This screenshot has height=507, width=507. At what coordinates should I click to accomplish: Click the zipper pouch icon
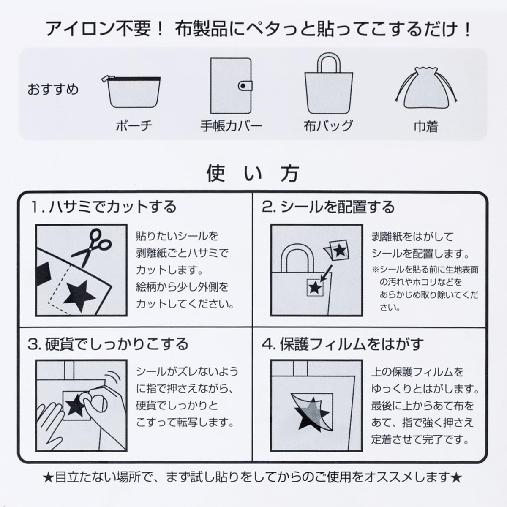tap(131, 92)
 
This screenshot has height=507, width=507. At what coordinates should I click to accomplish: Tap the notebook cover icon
tap(231, 85)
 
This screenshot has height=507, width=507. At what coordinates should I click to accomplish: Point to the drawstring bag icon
tap(426, 88)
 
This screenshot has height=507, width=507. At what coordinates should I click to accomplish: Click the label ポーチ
tap(134, 126)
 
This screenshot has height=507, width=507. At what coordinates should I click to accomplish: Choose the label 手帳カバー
tap(231, 126)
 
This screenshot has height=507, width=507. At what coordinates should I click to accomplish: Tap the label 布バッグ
tap(328, 126)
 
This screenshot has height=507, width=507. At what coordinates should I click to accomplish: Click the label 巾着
tap(426, 126)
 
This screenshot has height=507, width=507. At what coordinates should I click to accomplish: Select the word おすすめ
tap(53, 89)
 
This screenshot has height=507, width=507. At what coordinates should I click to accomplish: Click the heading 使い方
tap(253, 173)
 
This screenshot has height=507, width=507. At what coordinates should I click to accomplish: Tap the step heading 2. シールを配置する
tap(328, 207)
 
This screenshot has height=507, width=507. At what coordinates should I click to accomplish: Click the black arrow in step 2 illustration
tap(326, 273)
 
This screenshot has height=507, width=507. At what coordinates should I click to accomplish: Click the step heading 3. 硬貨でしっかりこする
tap(108, 344)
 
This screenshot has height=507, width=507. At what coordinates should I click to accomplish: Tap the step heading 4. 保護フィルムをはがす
tap(343, 344)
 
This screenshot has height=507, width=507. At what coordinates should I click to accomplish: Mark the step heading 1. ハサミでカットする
tap(104, 207)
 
